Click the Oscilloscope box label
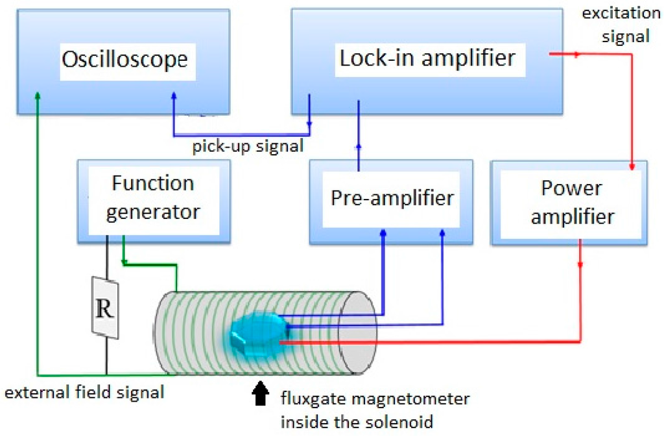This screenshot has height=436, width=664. [x=124, y=60]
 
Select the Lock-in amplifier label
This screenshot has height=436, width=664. [x=428, y=58]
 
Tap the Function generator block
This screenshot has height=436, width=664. [x=153, y=197]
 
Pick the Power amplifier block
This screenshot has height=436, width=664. [x=572, y=201]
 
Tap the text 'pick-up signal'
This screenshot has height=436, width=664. [x=248, y=146]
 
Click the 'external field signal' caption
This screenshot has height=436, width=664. [x=84, y=392]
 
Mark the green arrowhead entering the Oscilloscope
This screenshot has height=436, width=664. [x=38, y=95]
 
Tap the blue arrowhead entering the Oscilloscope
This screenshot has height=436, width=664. [x=173, y=95]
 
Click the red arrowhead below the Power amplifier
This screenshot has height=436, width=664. [x=580, y=265]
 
